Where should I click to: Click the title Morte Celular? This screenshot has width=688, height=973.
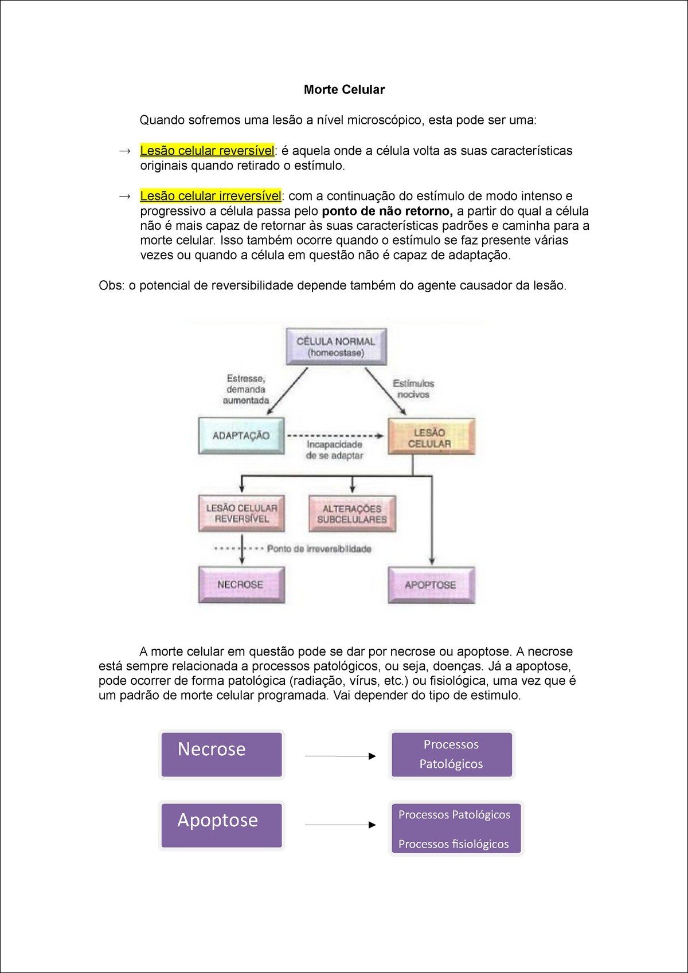point(344,89)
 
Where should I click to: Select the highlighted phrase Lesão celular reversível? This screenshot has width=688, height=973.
point(207,151)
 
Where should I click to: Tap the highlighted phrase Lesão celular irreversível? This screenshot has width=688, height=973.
point(210,196)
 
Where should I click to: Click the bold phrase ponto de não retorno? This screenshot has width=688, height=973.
point(387,211)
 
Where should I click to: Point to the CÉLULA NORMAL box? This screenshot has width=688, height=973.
point(336,347)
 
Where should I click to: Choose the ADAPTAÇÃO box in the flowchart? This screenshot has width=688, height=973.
point(241,436)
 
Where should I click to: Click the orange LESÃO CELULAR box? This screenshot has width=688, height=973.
point(431,437)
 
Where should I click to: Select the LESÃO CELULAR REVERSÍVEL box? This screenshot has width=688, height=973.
point(241,513)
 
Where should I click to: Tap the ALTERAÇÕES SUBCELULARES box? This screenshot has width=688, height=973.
point(352,514)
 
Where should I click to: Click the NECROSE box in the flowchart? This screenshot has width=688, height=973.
point(241,584)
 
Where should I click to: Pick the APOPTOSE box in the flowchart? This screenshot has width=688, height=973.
point(431,585)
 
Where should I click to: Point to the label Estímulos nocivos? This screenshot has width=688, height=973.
point(413,389)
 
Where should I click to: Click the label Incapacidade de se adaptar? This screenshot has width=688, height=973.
point(335,450)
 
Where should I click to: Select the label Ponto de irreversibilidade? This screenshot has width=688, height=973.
point(319,549)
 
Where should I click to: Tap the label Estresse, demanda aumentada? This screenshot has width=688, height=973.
point(246,389)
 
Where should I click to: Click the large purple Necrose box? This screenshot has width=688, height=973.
point(221,754)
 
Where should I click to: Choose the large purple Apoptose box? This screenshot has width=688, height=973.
point(221,825)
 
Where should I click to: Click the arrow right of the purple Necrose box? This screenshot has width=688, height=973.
point(340,756)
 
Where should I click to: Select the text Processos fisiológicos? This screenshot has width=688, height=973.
point(454,843)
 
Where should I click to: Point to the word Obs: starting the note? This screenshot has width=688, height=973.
point(111,285)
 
